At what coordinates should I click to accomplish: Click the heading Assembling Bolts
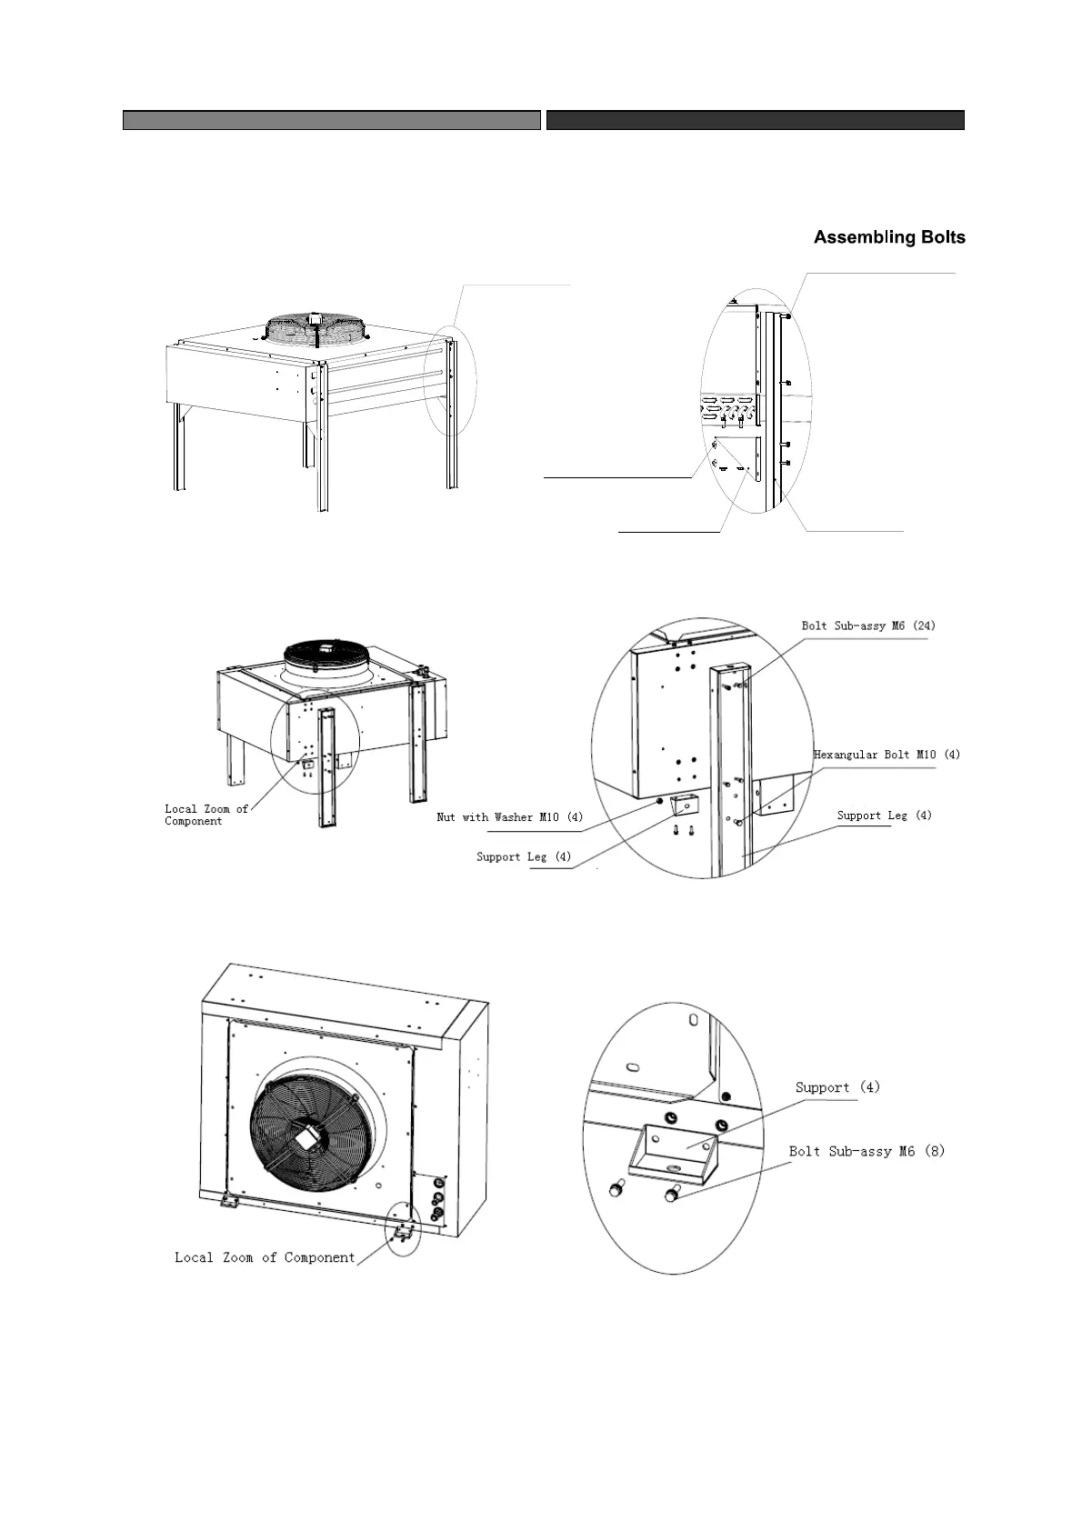pos(888,237)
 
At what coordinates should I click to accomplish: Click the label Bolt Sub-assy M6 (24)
pos(867,625)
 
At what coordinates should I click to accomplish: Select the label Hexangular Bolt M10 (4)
pos(886,755)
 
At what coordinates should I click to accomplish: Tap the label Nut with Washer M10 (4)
pos(509,817)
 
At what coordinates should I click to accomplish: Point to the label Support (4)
pos(837,1087)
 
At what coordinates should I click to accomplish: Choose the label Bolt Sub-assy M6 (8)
pos(866,1151)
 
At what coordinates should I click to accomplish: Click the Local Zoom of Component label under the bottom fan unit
pos(265,1257)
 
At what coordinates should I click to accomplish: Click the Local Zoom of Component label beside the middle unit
pos(205,815)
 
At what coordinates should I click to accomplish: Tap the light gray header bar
pos(331,120)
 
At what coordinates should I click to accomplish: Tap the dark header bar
pos(755,120)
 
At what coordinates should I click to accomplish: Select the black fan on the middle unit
pos(326,652)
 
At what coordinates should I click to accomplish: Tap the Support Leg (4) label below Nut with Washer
pos(524,857)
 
